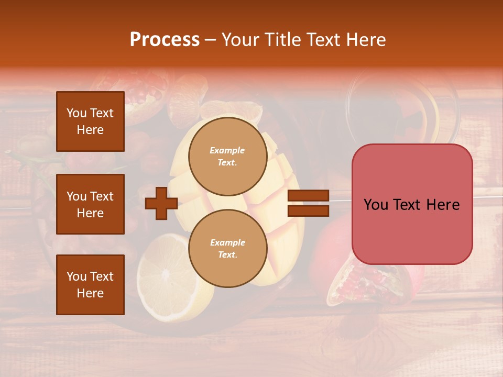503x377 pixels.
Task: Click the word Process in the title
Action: click(165, 40)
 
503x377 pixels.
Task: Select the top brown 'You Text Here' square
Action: click(90, 121)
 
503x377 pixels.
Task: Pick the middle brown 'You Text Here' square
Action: click(90, 204)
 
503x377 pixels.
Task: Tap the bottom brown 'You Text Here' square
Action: click(90, 284)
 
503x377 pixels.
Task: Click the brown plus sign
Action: click(161, 203)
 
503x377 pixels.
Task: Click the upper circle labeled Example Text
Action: click(227, 156)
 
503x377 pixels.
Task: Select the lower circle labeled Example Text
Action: click(227, 248)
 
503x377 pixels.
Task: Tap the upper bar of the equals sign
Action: click(308, 196)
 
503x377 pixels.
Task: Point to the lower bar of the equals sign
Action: click(308, 211)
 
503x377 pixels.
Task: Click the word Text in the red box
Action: click(408, 205)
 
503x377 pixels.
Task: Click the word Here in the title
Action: click(366, 40)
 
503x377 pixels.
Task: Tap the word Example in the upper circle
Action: click(227, 150)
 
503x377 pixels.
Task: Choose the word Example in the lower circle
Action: click(227, 242)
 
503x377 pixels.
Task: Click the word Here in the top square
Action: click(90, 130)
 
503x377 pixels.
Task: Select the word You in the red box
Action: click(375, 205)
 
